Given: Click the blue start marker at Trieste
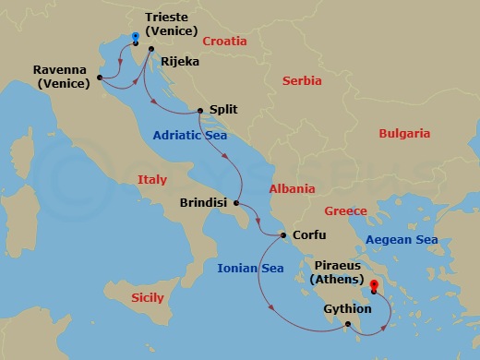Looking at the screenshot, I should [x=135, y=39].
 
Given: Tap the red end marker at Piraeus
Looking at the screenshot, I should [x=374, y=287].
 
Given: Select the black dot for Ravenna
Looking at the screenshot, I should [x=99, y=77].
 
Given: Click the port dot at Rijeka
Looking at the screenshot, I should [x=150, y=63].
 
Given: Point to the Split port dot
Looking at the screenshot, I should [x=200, y=111].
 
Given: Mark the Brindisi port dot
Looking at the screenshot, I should [x=237, y=203].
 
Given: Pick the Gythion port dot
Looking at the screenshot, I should [x=348, y=324].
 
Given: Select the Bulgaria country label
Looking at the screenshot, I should [x=404, y=134].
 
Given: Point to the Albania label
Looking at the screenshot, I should [x=292, y=188].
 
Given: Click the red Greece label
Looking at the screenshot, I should [x=345, y=211].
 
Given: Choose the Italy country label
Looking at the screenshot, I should [x=151, y=179].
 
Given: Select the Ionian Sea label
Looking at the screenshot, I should [x=250, y=269].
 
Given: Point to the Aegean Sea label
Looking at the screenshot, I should [x=401, y=240].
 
